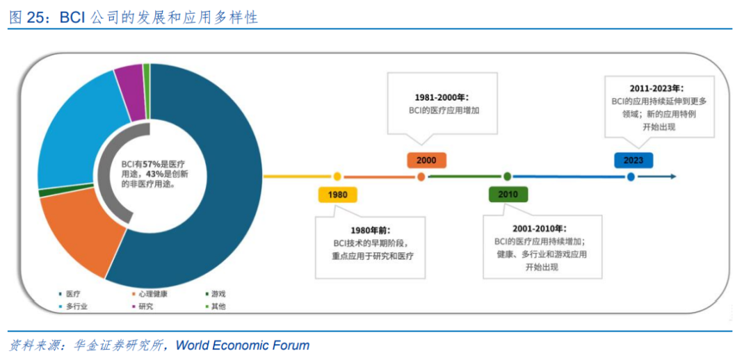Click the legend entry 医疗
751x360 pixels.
tap(73, 294)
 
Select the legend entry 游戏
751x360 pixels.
tap(218, 294)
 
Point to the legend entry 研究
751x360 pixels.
tap(145, 306)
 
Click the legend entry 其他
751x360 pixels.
tap(218, 306)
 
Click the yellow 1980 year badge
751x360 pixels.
tap(337, 195)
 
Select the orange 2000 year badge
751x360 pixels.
tap(426, 161)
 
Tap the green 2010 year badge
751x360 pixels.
tap(508, 194)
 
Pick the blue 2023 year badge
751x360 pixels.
tap(633, 160)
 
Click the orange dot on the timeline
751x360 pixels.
tap(421, 177)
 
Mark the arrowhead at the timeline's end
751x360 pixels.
tap(672, 177)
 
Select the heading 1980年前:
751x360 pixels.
tap(371, 230)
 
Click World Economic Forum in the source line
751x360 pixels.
tap(243, 345)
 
